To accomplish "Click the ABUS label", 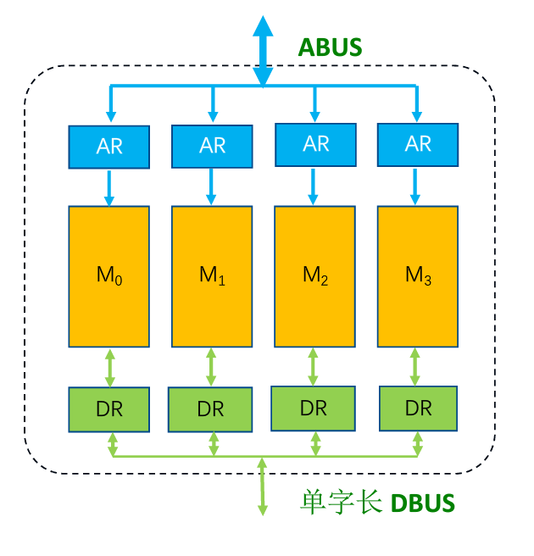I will (x=329, y=47).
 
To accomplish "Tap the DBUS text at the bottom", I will (x=422, y=503).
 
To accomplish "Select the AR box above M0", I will (x=108, y=147).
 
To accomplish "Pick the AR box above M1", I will (x=212, y=146).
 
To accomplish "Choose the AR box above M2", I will (x=315, y=144).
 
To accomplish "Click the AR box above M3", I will (x=418, y=144).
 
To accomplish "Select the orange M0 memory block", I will (x=108, y=276).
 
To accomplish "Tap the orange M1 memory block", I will (x=212, y=276).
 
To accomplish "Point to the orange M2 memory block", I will (x=315, y=276).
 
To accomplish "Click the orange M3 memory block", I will (x=418, y=276).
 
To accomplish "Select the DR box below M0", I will (x=108, y=409).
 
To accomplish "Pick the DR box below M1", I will (x=211, y=409).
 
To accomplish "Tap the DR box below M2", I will (x=314, y=408).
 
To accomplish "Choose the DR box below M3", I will (x=418, y=409).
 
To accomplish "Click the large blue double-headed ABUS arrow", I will (x=264, y=51).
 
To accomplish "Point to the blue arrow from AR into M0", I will (x=108, y=187).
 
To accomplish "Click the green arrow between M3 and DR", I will (x=415, y=367).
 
